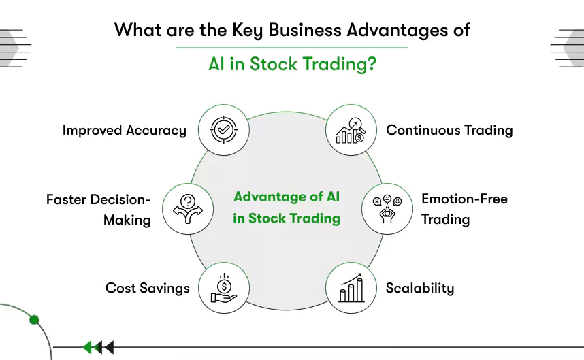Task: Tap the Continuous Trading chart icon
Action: tap(351, 129)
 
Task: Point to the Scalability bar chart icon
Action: tap(351, 288)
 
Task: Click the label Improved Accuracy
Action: tap(124, 130)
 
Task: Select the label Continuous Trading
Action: tap(449, 129)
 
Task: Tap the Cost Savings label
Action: tap(147, 288)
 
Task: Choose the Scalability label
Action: tap(419, 288)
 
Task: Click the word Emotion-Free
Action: tap(464, 199)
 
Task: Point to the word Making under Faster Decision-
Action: tap(127, 220)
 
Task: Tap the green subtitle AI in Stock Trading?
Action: tap(292, 65)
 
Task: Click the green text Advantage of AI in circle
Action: tap(287, 197)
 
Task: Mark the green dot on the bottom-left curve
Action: tap(35, 320)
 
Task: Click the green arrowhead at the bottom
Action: tap(87, 348)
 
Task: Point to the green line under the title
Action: tap(292, 48)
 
